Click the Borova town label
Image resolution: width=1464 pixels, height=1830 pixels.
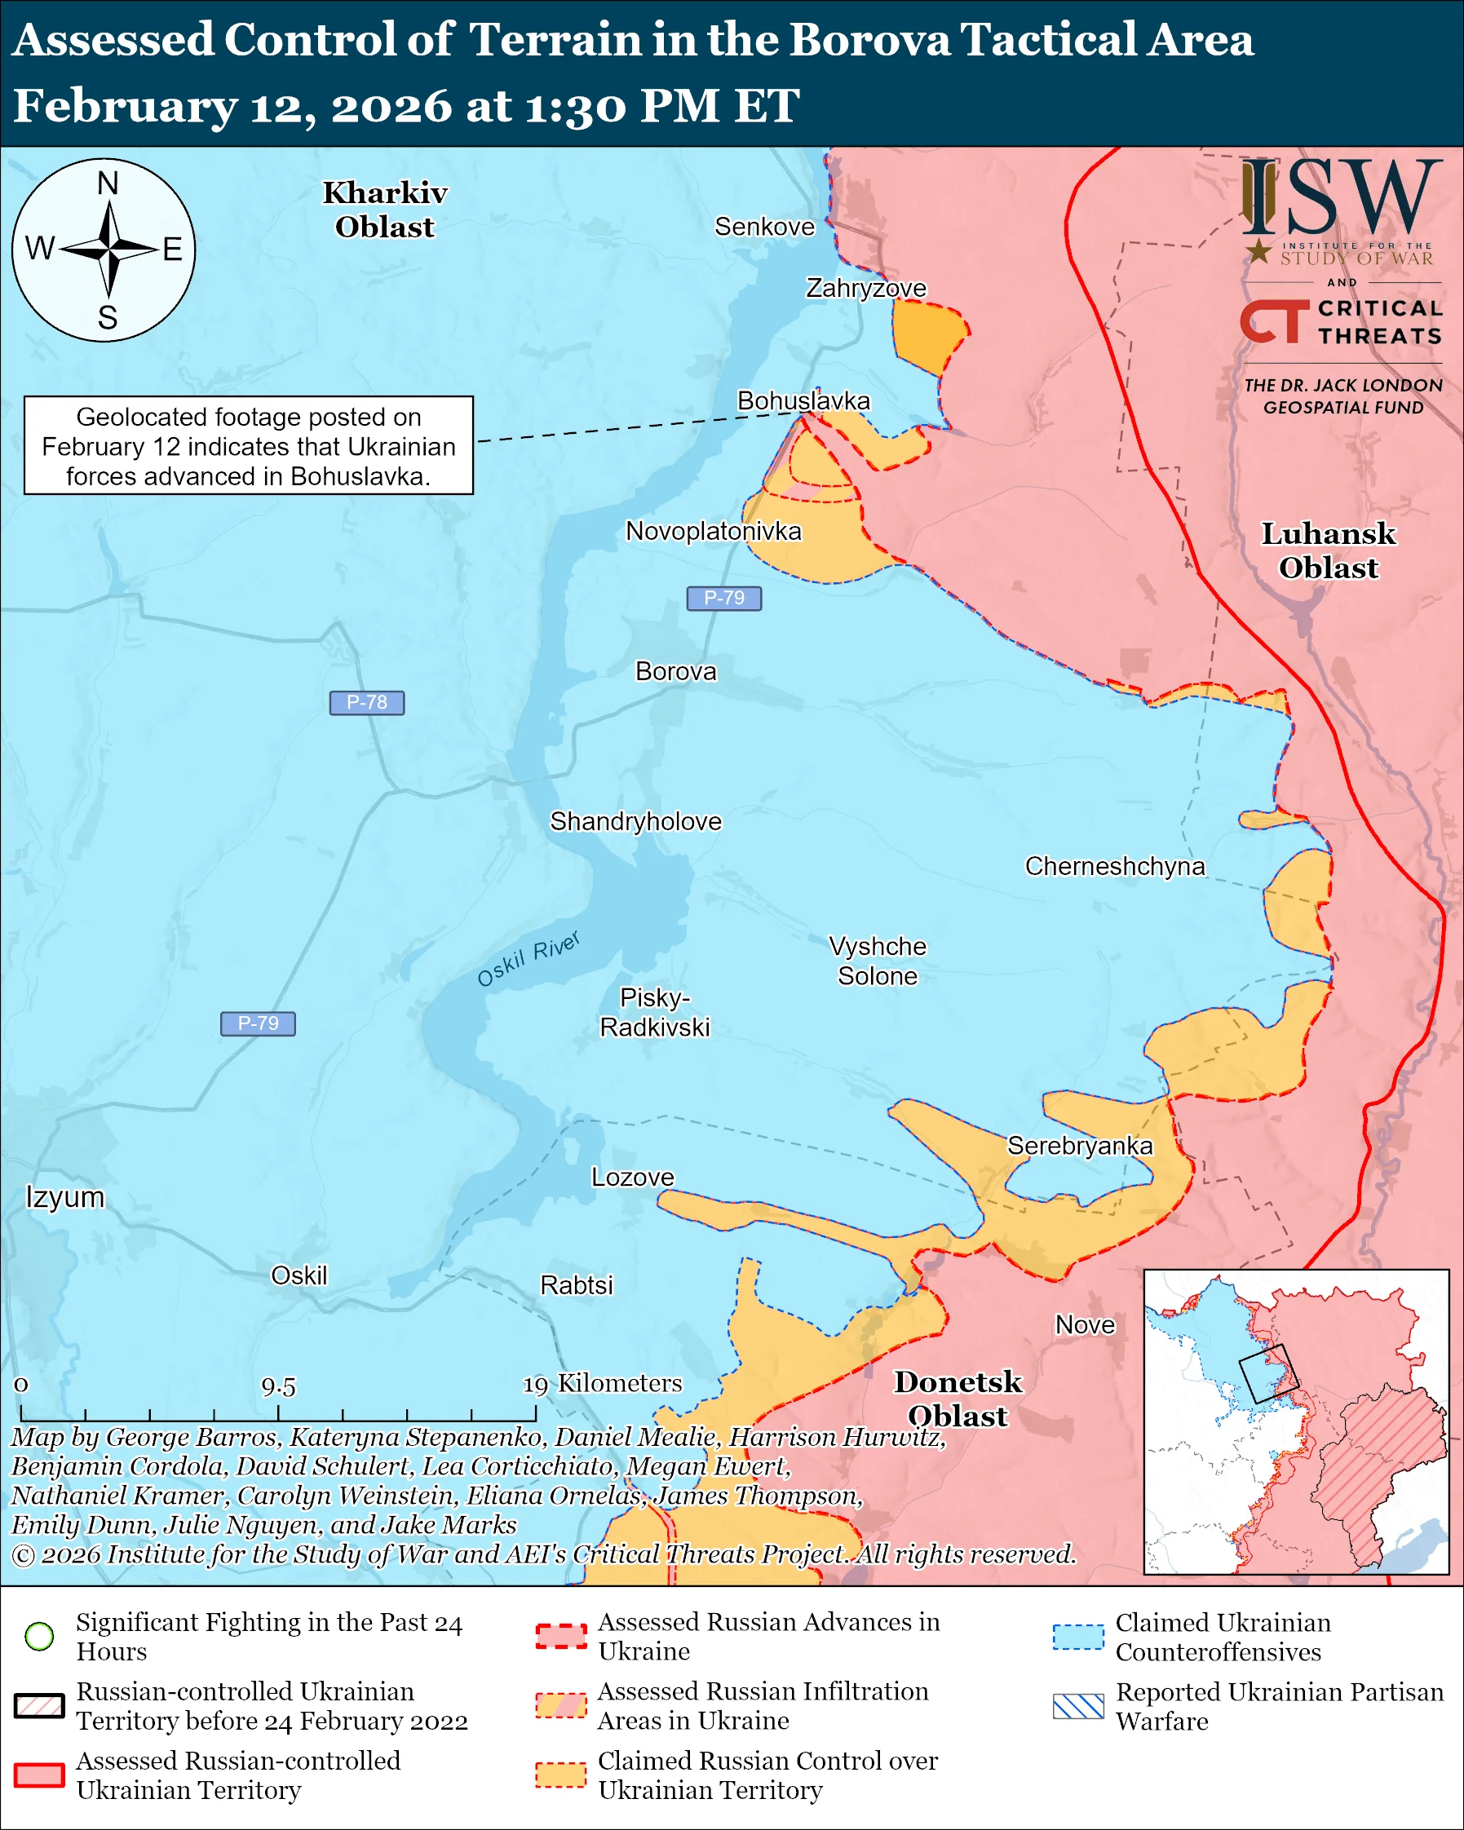[675, 671]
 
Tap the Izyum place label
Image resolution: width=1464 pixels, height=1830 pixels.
[65, 1197]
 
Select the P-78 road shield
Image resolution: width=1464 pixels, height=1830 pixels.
[367, 703]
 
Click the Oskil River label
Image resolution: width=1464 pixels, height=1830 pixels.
[528, 959]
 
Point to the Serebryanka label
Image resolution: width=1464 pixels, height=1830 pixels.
[1080, 1146]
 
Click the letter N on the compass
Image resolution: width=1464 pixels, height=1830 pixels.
[108, 183]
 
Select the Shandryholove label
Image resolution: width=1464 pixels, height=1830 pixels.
[635, 822]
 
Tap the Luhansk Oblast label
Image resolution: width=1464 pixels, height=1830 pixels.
[1329, 550]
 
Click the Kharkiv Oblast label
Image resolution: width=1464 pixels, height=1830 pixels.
[384, 210]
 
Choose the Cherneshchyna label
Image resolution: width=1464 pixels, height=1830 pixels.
[1114, 866]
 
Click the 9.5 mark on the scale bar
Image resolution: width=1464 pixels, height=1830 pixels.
[278, 1387]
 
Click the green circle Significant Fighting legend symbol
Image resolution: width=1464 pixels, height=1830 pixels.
[40, 1636]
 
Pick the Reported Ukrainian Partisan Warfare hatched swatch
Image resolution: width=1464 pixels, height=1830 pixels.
[1078, 1706]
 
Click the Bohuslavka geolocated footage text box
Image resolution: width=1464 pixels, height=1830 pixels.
[249, 445]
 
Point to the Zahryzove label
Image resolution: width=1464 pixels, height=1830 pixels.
[865, 289]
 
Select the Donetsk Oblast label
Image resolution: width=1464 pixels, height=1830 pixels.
[958, 1399]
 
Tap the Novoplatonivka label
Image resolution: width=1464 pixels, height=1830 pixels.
[713, 532]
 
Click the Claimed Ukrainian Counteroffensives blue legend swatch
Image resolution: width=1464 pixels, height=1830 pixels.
[1078, 1637]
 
